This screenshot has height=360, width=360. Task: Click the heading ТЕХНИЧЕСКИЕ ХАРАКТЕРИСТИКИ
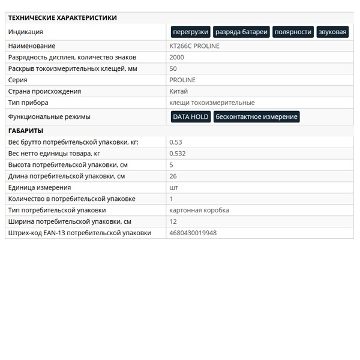click(62, 18)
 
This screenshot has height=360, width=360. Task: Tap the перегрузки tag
click(190, 32)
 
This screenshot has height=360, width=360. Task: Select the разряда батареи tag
click(241, 32)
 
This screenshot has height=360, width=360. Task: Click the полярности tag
click(293, 32)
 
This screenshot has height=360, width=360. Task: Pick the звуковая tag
click(332, 32)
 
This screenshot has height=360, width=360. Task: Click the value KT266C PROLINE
click(194, 46)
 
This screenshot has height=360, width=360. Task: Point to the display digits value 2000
click(177, 58)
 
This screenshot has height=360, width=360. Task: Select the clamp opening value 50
click(173, 69)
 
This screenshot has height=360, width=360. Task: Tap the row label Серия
click(18, 80)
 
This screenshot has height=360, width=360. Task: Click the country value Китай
click(179, 92)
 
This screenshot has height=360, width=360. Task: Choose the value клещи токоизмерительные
click(212, 103)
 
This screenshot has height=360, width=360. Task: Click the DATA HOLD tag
click(191, 117)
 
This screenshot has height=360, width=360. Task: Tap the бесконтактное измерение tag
click(256, 117)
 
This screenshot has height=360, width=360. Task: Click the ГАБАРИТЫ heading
click(26, 131)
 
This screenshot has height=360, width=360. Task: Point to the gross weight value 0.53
click(176, 142)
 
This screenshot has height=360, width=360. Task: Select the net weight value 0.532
click(178, 154)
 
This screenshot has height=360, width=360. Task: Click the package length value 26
click(173, 176)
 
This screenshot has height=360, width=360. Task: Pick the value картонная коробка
click(199, 211)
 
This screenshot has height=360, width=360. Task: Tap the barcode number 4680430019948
click(193, 233)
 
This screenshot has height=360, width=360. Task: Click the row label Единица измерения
click(40, 188)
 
